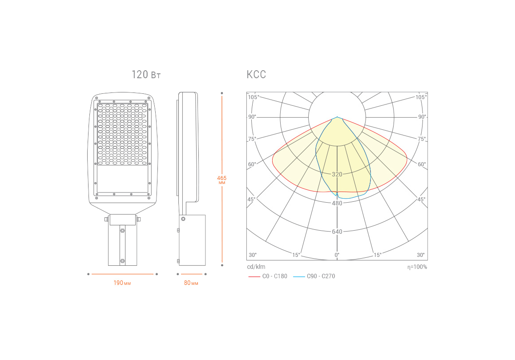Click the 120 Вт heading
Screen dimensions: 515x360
pyautogui.click(x=146, y=75)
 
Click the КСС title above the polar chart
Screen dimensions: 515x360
pyautogui.click(x=256, y=75)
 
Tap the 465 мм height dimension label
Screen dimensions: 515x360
pyautogui.click(x=222, y=180)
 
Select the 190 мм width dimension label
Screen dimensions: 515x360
pyautogui.click(x=122, y=283)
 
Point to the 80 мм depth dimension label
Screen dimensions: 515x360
pyautogui.click(x=191, y=283)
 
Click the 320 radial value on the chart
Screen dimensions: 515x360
pyautogui.click(x=337, y=174)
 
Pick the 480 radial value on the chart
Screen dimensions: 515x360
pyautogui.click(x=337, y=203)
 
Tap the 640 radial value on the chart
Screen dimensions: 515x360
pyautogui.click(x=337, y=232)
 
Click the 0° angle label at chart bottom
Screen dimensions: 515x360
pyautogui.click(x=337, y=255)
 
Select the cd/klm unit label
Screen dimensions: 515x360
pyautogui.click(x=256, y=267)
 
